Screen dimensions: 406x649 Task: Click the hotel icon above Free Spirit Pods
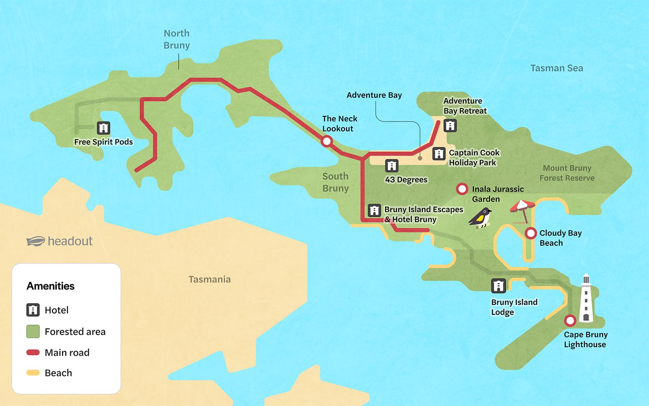(103, 128)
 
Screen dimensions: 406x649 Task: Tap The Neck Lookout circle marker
(327, 141)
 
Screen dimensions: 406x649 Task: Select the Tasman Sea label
(557, 68)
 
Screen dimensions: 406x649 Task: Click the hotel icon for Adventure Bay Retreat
(450, 125)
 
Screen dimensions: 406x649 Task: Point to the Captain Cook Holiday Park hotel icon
(439, 154)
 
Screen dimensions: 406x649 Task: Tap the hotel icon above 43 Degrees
(391, 166)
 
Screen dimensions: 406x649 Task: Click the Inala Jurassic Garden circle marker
(462, 189)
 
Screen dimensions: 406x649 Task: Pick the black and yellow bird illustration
(481, 218)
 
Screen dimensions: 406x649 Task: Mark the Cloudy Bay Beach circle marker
(531, 233)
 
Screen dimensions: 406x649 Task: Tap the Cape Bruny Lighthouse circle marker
(570, 321)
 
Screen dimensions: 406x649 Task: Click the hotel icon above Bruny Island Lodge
(498, 286)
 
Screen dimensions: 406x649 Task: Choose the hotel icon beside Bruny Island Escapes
(374, 210)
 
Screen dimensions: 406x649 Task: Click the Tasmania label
(209, 279)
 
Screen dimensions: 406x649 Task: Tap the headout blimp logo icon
(36, 241)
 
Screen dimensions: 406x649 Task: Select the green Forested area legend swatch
(33, 331)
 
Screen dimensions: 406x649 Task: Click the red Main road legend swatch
(33, 352)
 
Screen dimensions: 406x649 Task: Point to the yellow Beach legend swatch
(33, 373)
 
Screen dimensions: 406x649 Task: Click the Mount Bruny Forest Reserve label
(567, 173)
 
